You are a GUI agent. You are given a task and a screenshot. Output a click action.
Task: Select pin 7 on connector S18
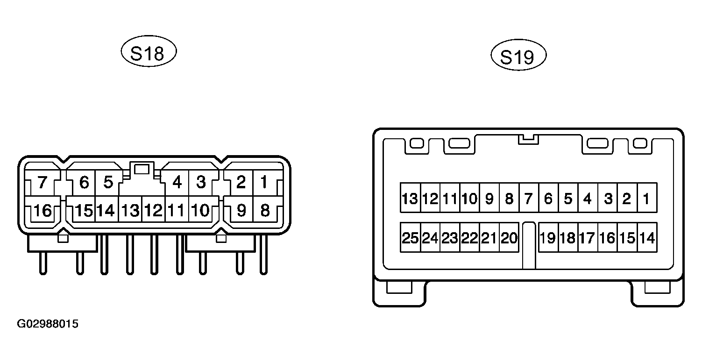[43, 183]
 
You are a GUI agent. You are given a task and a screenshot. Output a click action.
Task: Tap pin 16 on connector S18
[43, 210]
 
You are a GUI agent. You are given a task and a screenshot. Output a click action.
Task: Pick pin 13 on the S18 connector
[130, 210]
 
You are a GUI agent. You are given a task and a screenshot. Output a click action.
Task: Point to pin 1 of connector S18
[265, 183]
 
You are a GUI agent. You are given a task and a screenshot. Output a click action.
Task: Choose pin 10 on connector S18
[200, 210]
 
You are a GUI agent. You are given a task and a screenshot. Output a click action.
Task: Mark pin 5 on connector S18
[108, 183]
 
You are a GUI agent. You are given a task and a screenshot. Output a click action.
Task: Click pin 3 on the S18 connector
[201, 183]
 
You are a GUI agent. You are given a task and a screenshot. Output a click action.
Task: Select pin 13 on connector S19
[410, 198]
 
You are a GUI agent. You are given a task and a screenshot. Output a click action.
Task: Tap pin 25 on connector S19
[410, 238]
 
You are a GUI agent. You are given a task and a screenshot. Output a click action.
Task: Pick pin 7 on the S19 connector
[529, 198]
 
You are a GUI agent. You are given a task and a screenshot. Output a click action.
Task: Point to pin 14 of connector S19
[647, 238]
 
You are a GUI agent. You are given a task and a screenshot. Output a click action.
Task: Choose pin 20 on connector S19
[509, 238]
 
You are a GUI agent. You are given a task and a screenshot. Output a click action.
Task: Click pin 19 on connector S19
[548, 238]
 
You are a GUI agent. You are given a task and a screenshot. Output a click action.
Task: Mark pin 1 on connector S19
[647, 198]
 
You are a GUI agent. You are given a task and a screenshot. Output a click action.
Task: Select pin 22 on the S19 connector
[469, 238]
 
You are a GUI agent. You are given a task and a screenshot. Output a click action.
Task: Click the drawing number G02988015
[48, 324]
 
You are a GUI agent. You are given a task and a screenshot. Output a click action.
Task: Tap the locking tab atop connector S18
[142, 170]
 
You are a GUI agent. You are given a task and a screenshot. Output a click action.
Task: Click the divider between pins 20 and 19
[529, 245]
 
